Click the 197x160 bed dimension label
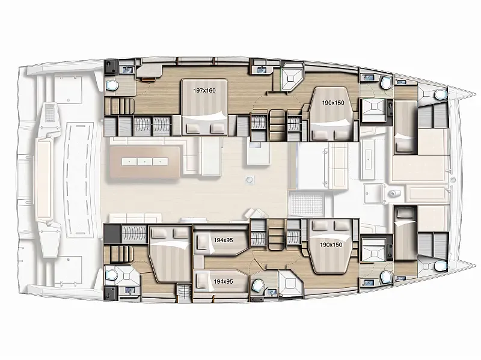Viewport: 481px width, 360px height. click(x=204, y=91)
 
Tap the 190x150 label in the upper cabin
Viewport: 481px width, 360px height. click(x=333, y=103)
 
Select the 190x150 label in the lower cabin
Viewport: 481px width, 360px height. click(x=331, y=245)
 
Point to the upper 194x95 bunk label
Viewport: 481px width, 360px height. click(x=223, y=240)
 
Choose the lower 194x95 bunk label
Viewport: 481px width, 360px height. click(x=223, y=281)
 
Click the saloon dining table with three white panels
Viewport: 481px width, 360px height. click(x=144, y=162)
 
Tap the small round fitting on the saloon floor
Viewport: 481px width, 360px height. click(x=250, y=180)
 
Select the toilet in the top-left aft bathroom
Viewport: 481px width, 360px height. click(x=112, y=85)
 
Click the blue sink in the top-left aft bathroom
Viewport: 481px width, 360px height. click(x=127, y=70)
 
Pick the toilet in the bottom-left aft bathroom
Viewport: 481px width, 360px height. click(x=111, y=274)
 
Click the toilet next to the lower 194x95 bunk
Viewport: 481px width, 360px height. click(x=257, y=285)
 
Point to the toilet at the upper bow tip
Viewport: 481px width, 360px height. click(x=440, y=94)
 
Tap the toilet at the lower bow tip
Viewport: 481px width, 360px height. click(x=440, y=266)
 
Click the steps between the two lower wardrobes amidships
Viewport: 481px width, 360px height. click(x=277, y=234)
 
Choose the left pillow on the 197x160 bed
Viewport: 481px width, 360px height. click(x=193, y=128)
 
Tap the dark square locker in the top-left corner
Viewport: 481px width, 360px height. click(x=110, y=67)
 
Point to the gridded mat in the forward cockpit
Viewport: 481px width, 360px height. click(x=307, y=204)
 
